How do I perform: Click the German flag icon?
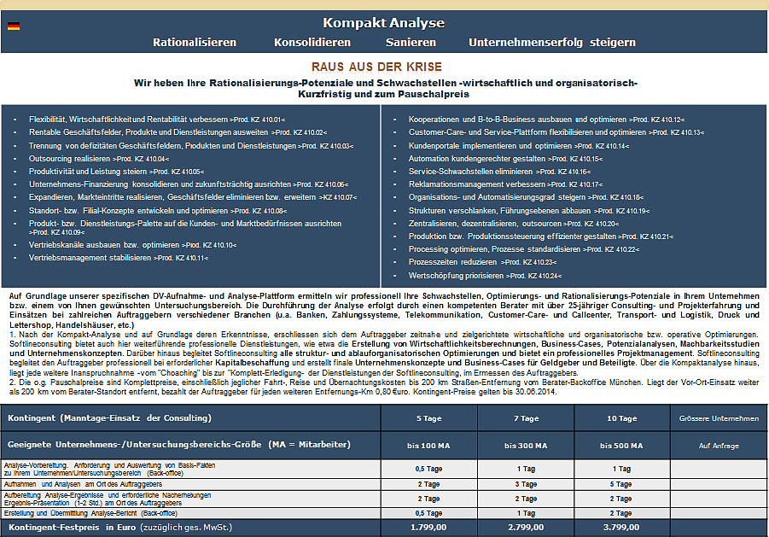coord(14,26)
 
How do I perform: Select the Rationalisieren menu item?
coord(195,42)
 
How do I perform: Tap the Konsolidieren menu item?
coord(312,42)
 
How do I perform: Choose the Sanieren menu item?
coord(411,42)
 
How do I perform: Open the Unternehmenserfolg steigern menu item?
coord(552,42)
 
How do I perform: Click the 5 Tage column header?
coord(429,418)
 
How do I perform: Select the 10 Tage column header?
coord(621,418)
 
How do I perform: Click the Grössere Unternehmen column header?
coord(719,418)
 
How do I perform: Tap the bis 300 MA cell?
coord(526,446)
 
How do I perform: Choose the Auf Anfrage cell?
coord(719,446)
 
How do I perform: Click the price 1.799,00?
coord(429,528)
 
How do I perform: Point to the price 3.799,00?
coord(621,528)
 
